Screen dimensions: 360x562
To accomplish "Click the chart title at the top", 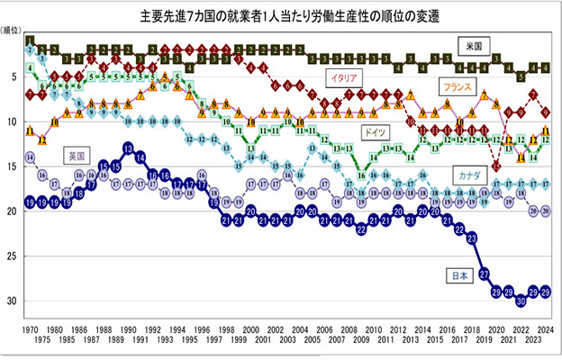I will (x=281, y=16).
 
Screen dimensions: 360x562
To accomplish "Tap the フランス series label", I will (x=458, y=87).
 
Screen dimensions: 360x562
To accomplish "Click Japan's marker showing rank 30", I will (x=521, y=301).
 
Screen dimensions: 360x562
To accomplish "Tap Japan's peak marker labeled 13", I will (x=128, y=148).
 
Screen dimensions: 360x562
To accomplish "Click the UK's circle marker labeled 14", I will (x=31, y=157).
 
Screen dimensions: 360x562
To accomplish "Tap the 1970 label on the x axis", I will (x=31, y=329).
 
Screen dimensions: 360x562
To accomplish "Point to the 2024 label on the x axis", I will (x=546, y=329).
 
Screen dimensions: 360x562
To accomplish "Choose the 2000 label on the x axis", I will (x=250, y=329).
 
